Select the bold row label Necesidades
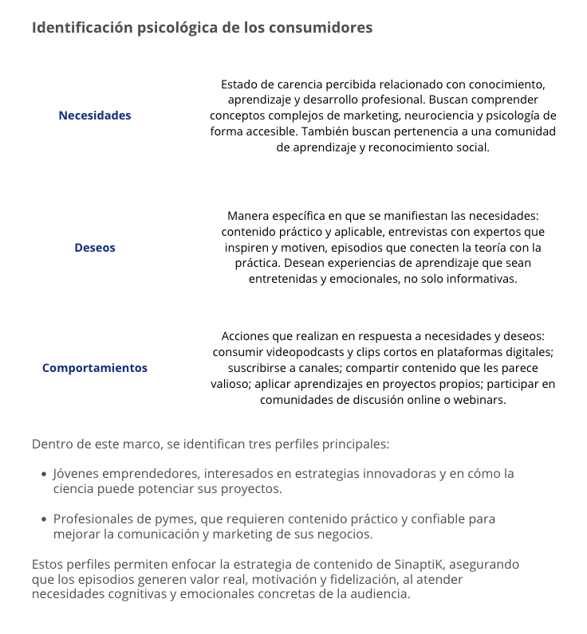pos(95,115)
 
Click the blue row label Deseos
pos(95,248)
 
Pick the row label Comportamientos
pos(95,368)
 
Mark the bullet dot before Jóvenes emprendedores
pos(43,474)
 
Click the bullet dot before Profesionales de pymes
pos(43,519)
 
